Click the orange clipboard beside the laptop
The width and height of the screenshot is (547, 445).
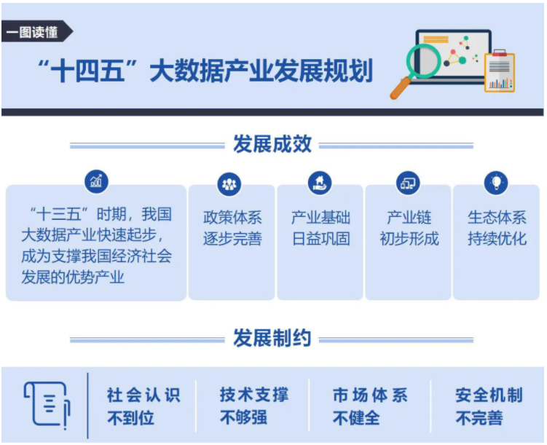[x=500, y=71]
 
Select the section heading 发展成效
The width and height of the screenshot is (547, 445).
[x=272, y=143]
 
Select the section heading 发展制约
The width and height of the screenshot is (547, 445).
[x=272, y=338]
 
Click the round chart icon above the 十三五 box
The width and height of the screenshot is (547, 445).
[x=96, y=181]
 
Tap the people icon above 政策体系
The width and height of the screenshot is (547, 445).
[x=229, y=184]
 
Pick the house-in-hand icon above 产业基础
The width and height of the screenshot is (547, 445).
[x=320, y=183]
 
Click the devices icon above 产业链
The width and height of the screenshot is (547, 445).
[x=408, y=183]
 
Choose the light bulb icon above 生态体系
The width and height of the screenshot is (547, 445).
[x=496, y=183]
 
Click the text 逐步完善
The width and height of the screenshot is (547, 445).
[x=232, y=239]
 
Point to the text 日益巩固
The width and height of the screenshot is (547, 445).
[x=321, y=239]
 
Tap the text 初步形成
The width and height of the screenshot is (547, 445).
[x=409, y=239]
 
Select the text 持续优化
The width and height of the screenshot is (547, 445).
[x=497, y=239]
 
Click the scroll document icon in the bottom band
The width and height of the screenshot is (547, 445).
[x=47, y=404]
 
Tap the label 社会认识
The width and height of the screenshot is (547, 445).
[x=143, y=395]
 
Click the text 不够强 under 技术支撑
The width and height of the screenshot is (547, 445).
[x=243, y=417]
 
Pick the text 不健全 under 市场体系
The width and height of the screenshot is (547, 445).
[x=356, y=418]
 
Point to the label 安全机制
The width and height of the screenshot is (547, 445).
[x=489, y=395]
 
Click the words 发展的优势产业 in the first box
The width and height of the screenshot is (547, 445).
[x=73, y=277]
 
